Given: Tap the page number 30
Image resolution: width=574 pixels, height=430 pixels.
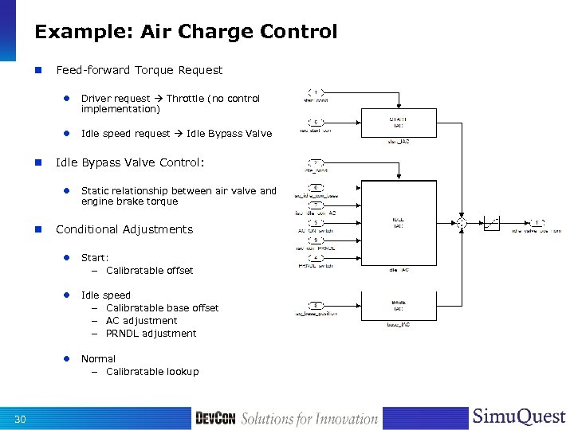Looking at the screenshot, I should coord(21,419).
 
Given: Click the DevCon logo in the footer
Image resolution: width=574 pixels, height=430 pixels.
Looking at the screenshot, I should coord(215,418).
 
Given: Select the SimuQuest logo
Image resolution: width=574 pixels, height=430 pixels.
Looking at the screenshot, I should coord(519,417).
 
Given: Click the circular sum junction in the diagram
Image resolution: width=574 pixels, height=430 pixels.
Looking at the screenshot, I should coord(460,223).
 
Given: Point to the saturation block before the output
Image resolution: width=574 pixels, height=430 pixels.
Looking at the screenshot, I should coord(493,223).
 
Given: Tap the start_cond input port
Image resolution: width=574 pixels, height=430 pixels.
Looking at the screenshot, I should coord(316,92).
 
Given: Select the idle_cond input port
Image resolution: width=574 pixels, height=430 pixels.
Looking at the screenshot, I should coord(316,163).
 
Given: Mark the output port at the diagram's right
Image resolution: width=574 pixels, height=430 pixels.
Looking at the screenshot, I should coord(539,223).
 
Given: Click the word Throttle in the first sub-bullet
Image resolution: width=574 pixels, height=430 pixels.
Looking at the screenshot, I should coord(184,99).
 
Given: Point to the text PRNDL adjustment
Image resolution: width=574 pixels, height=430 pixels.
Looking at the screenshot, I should coord(151,334).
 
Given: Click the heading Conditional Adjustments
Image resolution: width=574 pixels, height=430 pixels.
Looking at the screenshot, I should coord(124,229).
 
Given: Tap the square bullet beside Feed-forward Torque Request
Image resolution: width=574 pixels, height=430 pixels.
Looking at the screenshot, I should coord(37,70).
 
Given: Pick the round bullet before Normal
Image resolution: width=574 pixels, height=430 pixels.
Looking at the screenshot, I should coord(69,359).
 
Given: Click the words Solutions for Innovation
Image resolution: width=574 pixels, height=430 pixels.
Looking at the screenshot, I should coord(309,419).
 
